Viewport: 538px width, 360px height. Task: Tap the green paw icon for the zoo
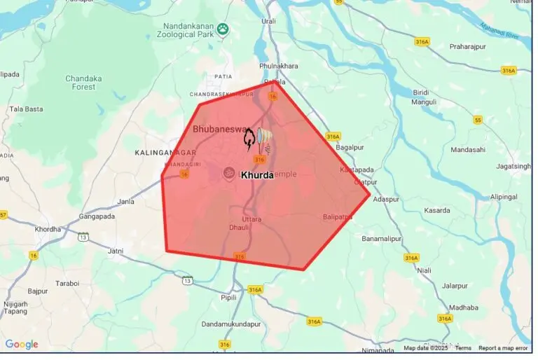coord(223,29)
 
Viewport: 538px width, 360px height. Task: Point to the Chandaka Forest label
coord(85,83)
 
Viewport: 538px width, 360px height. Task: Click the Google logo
coord(21,344)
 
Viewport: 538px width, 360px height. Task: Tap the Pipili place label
coord(228,296)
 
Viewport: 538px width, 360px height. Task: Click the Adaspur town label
coord(386,200)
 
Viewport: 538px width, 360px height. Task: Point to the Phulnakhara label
coord(278,66)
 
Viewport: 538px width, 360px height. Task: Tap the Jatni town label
coord(115,250)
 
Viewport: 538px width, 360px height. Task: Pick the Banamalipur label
coord(385,239)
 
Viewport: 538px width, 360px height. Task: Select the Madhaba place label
coord(463,307)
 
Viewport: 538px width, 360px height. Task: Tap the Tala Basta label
coord(26,109)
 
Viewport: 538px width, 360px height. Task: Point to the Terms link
coord(463,348)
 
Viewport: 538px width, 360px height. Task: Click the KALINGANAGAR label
coord(163,152)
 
